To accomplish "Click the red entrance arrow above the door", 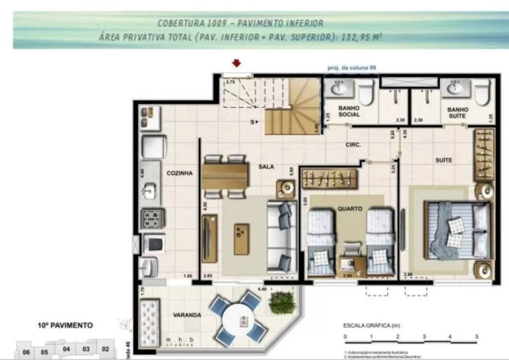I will pos(236,64).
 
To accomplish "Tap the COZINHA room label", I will pos(179,173).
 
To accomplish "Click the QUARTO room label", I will pos(349,208).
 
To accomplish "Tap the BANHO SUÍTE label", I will pos(458,113).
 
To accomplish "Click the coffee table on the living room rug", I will pos(242,238).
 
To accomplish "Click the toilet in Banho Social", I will pos(366,94).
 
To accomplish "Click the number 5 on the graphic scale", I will pos(476,337).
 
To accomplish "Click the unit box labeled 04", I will pos(66,349).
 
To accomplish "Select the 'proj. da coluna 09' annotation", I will pos(351,67).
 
